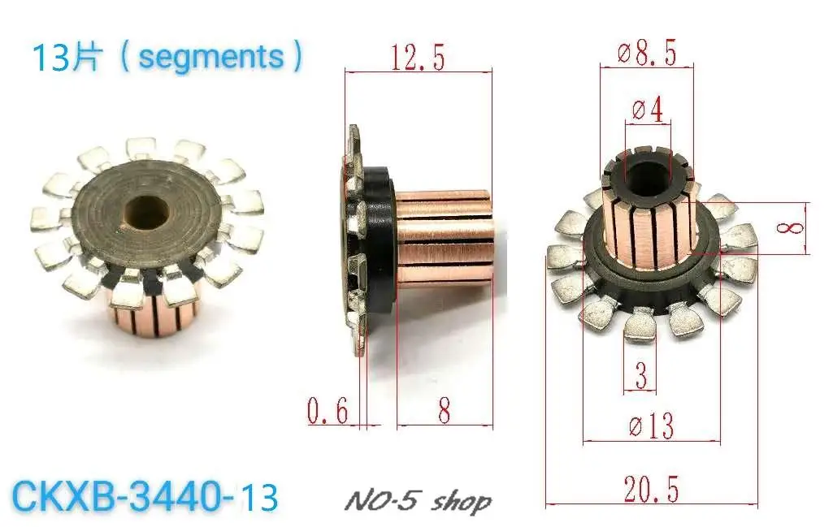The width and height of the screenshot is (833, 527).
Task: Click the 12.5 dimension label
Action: (x=417, y=58)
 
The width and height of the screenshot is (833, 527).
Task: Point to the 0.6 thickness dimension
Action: (x=327, y=412)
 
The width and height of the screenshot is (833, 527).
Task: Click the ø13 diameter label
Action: (x=651, y=425)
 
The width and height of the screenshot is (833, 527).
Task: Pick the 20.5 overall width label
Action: (x=651, y=489)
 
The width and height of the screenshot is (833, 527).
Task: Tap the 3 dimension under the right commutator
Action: (x=641, y=377)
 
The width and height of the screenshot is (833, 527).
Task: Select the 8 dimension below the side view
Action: (x=444, y=412)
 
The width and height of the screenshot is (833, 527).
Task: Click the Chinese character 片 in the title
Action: (x=87, y=58)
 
